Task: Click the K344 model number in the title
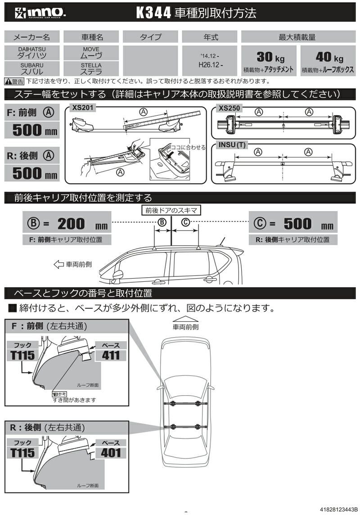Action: point(154,13)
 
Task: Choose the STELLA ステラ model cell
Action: point(91,68)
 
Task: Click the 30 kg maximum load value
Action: point(269,57)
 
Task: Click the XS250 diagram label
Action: point(229,108)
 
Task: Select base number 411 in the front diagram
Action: point(111,355)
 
